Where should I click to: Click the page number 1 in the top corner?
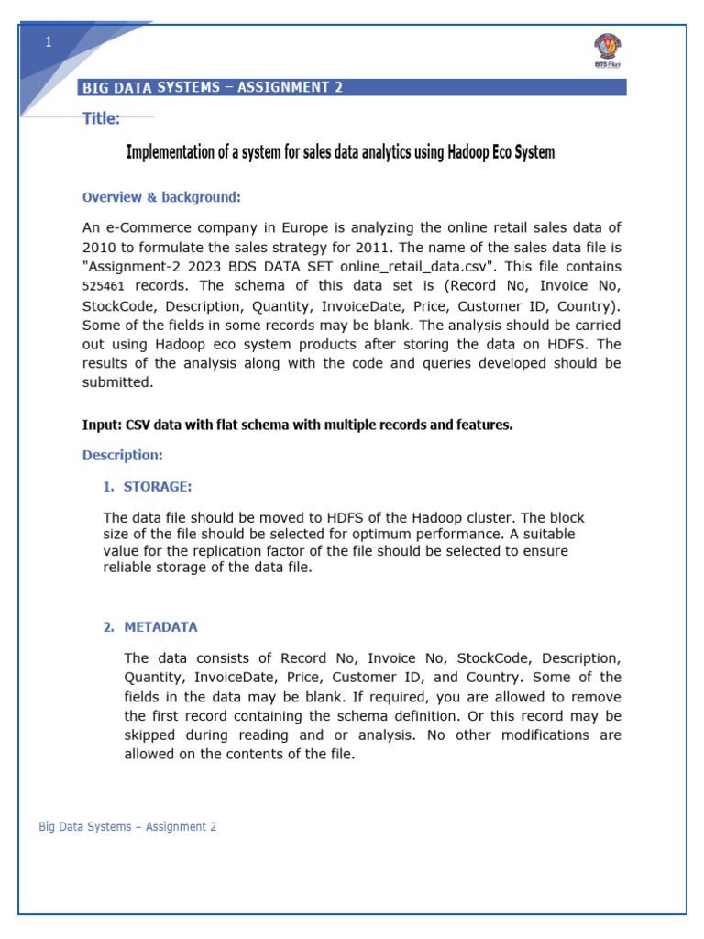tap(49, 42)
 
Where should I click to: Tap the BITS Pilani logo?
tap(607, 50)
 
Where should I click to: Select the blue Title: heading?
tap(101, 118)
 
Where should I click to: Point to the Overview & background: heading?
tap(161, 197)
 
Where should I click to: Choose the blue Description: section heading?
tap(123, 455)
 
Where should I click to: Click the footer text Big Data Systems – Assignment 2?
tap(127, 826)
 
